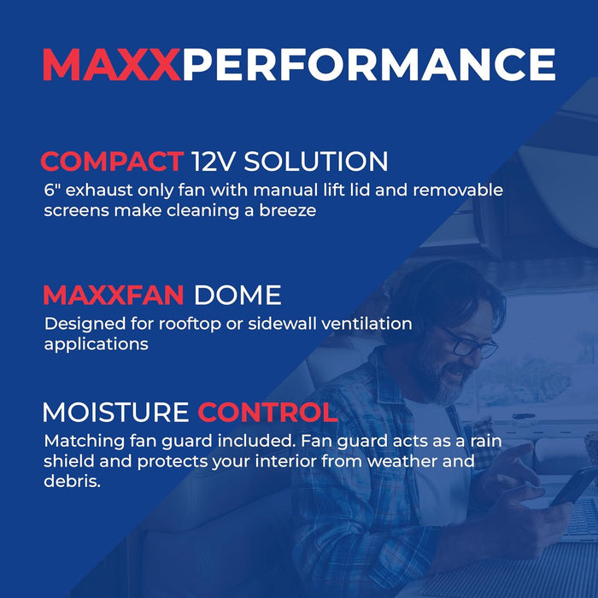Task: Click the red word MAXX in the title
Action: point(111,66)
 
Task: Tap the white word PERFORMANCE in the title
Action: point(369,66)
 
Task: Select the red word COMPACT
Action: point(112,161)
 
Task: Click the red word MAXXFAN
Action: point(114,296)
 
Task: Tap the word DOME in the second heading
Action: point(237,296)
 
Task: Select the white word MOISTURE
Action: point(115,413)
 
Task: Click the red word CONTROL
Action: point(267,413)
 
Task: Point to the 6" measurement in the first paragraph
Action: point(51,189)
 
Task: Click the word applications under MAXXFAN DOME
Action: point(97,344)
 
